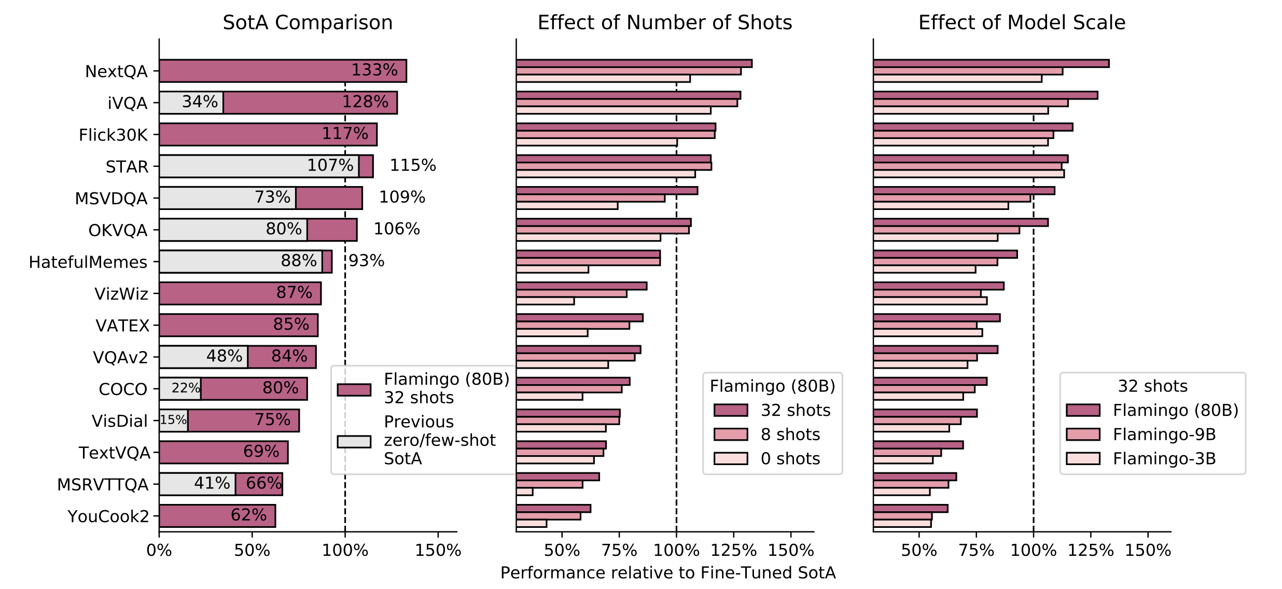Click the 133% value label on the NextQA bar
[374, 70]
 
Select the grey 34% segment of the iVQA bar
[191, 103]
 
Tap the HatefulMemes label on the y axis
[88, 262]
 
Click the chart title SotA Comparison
[308, 23]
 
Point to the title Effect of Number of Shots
[665, 23]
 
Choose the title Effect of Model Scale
[1022, 23]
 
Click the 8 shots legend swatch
[731, 434]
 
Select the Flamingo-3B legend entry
[1164, 459]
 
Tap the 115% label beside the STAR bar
[413, 165]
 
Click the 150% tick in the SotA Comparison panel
[438, 551]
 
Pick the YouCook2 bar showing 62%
[217, 516]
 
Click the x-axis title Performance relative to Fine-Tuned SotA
[668, 573]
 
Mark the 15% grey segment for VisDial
[174, 420]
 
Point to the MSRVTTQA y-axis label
[103, 485]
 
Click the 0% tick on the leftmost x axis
[159, 551]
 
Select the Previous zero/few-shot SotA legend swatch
[354, 441]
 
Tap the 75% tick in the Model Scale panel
[976, 551]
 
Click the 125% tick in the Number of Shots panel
[733, 551]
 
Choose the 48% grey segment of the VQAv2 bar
[203, 357]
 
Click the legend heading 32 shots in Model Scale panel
[1152, 386]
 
